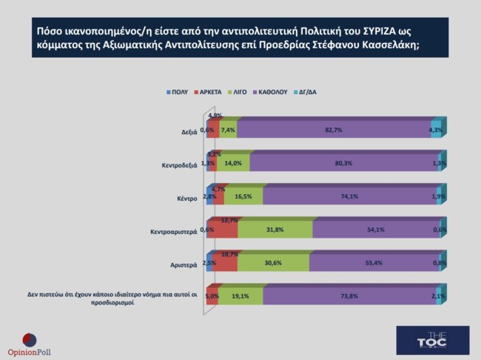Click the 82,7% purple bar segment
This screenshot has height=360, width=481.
pos(334,130)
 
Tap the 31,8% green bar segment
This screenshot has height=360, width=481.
pos(275,230)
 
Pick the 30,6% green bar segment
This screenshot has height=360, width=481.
pos(272,262)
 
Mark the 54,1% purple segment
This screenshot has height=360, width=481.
pos(374,230)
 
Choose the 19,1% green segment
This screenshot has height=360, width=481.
pos(240,296)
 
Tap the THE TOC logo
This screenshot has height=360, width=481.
pos(422,337)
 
